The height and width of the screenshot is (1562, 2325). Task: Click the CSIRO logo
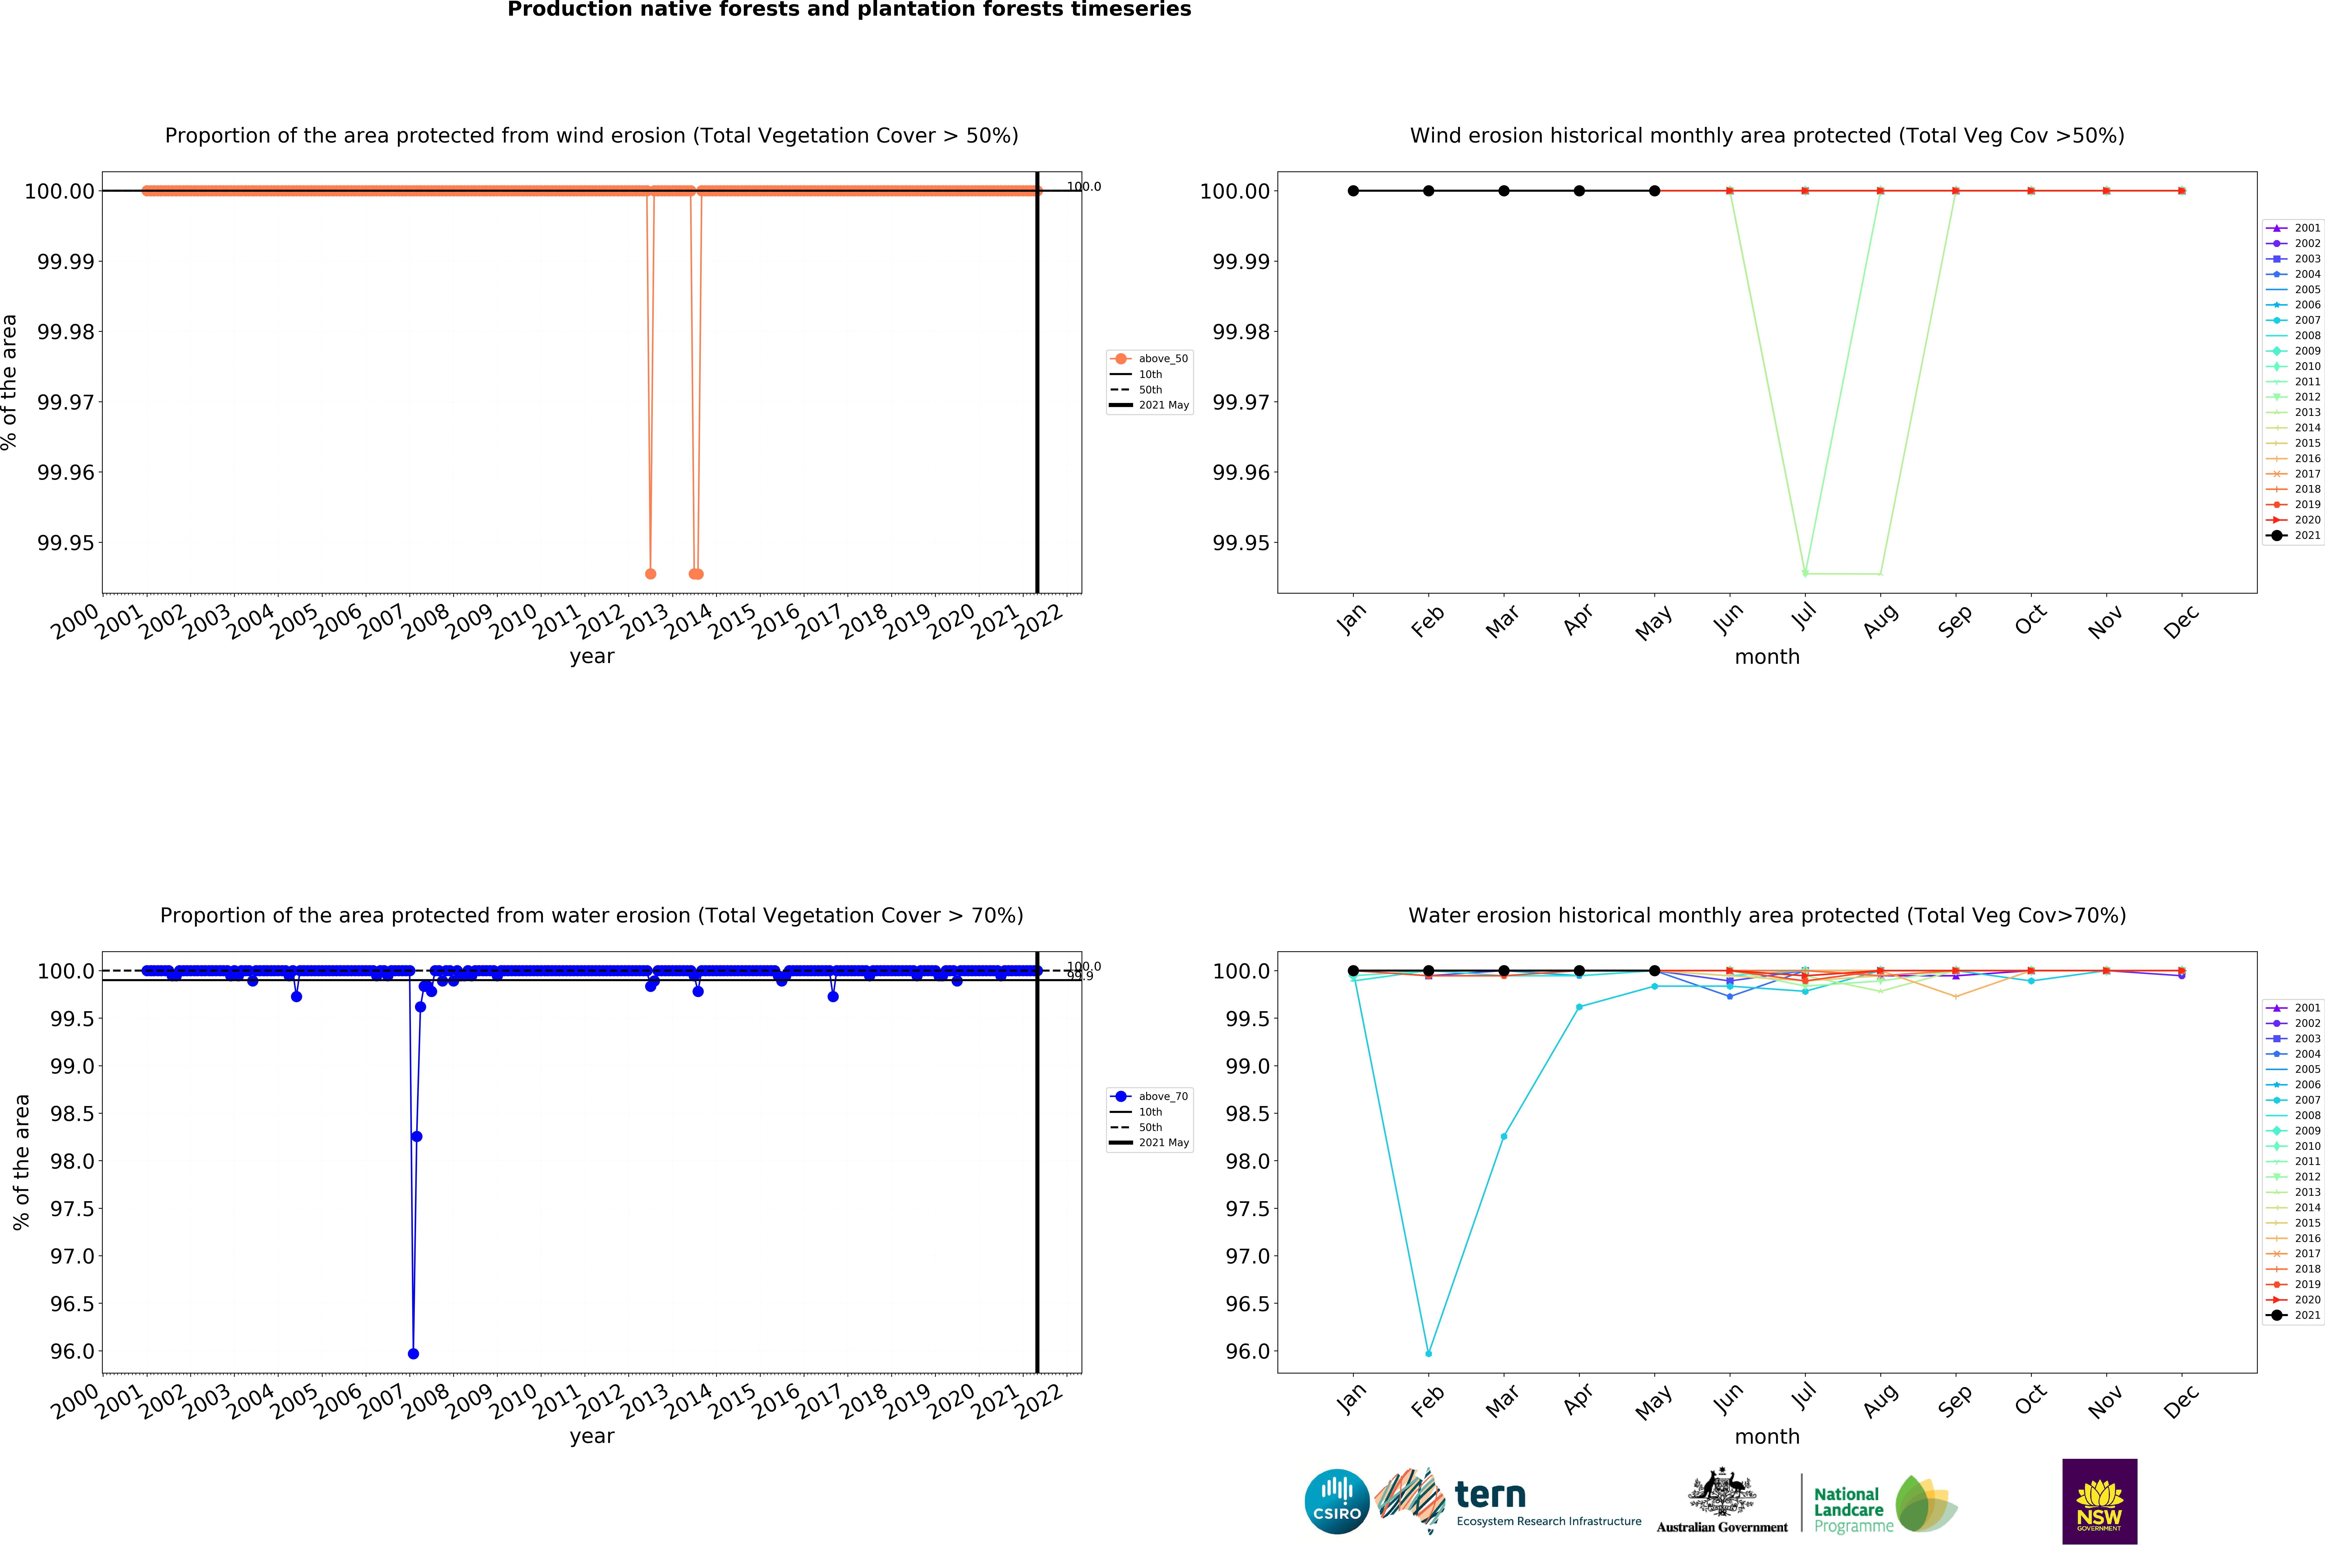coord(1336,1501)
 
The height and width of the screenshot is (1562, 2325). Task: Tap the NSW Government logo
coord(2099,1501)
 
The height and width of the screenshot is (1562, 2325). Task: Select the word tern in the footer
coord(1490,1495)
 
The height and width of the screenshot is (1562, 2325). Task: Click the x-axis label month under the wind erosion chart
coord(1767,656)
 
